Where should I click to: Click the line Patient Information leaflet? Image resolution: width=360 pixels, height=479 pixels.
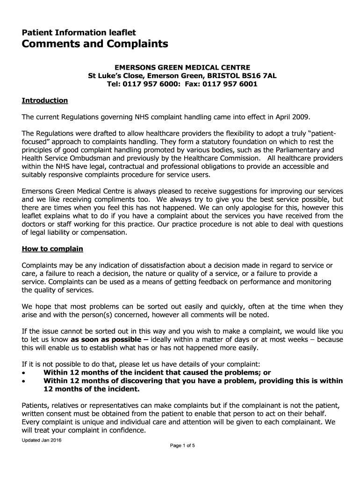pos(79,32)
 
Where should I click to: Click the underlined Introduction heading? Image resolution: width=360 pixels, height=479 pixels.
pos(45,101)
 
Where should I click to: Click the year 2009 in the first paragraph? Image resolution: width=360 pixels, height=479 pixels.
pos(300,116)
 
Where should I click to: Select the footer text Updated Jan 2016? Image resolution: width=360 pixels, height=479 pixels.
pos(42,441)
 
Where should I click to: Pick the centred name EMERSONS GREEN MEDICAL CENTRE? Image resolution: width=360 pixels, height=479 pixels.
pos(180,67)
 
